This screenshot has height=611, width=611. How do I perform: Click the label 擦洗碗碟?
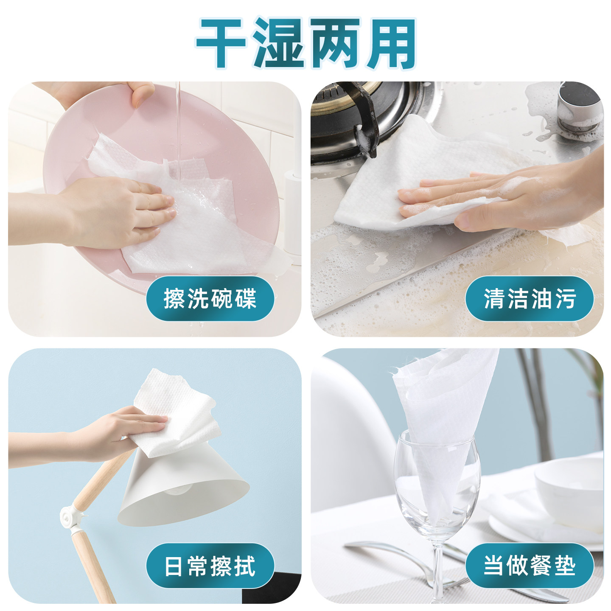tap(210, 298)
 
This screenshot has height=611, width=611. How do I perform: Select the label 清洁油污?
tap(529, 298)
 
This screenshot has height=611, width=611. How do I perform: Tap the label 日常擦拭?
tap(210, 566)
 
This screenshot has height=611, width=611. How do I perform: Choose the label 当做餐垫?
tap(529, 566)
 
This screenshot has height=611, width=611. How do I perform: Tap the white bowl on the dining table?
tap(569, 488)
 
